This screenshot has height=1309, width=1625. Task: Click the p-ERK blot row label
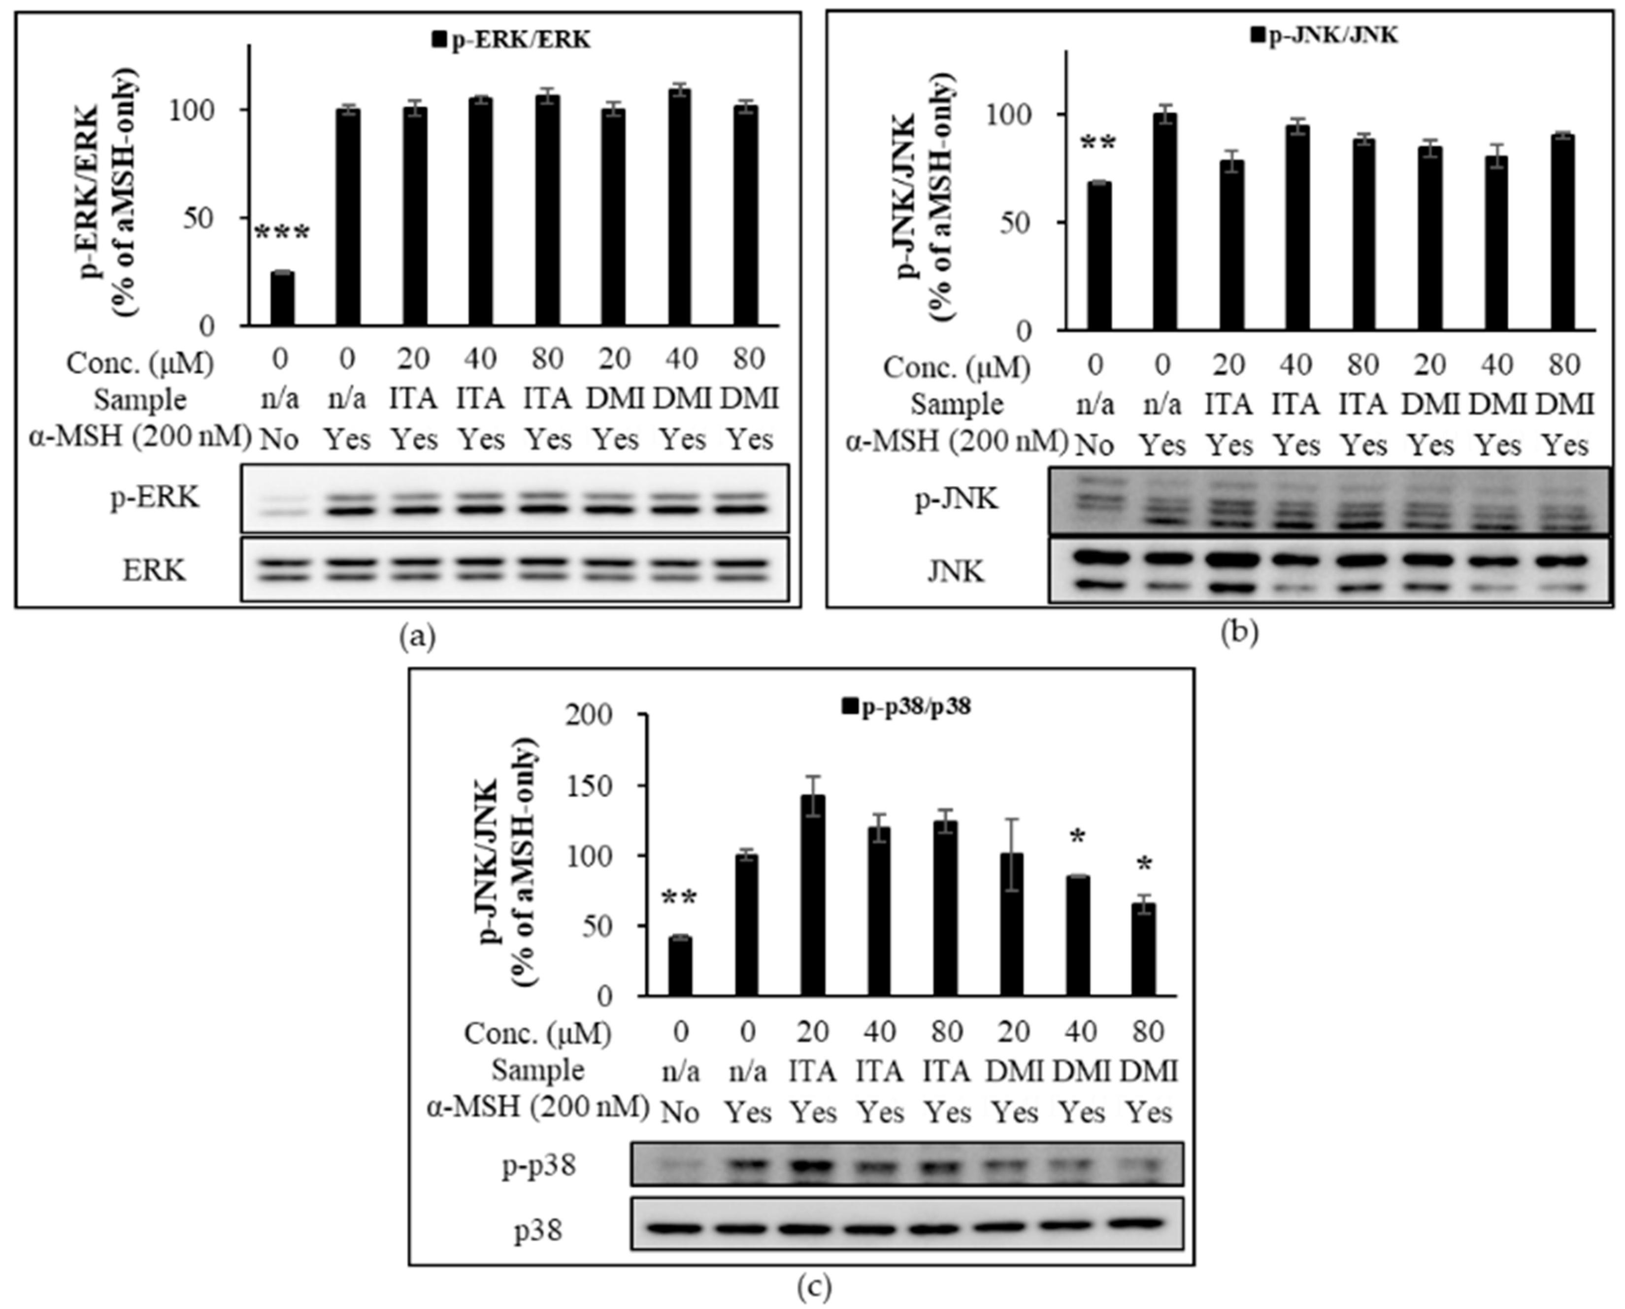tap(155, 498)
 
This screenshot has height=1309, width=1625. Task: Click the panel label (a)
tap(417, 638)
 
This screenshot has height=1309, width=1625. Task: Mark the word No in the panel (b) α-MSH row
tap(1095, 446)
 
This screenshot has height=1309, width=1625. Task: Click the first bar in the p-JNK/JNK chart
tap(1098, 257)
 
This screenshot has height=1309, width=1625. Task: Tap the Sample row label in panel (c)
tap(538, 1071)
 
